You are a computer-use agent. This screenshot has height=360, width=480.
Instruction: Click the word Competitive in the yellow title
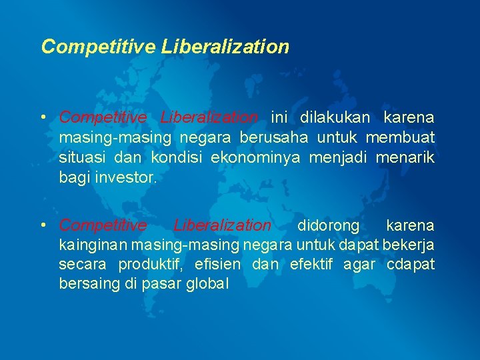[x=98, y=47]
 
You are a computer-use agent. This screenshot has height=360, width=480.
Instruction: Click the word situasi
[x=79, y=157]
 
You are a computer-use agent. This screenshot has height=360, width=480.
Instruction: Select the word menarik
[x=405, y=157]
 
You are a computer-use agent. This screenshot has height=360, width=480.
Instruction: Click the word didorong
[x=328, y=225]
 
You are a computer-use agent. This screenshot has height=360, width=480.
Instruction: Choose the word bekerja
[x=409, y=245]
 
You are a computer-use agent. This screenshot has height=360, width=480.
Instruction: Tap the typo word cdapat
[x=410, y=265]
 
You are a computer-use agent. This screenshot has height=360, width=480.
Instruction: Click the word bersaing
[x=86, y=285]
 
